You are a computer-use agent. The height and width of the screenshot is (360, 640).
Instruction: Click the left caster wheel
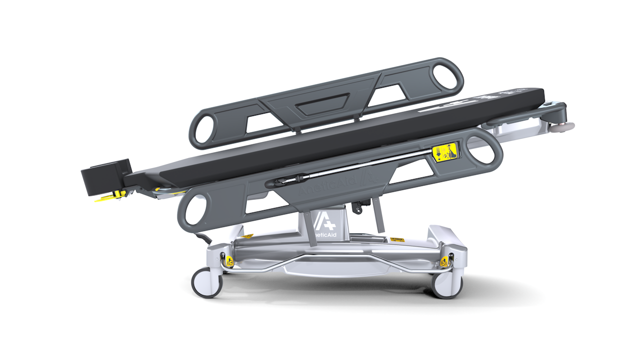pyautogui.click(x=206, y=282)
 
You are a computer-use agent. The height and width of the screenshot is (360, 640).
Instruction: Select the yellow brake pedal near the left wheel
pyautogui.click(x=229, y=260)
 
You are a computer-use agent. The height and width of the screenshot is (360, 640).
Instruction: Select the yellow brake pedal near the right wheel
pyautogui.click(x=444, y=261)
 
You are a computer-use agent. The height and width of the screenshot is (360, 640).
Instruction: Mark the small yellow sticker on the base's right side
pyautogui.click(x=397, y=240)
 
